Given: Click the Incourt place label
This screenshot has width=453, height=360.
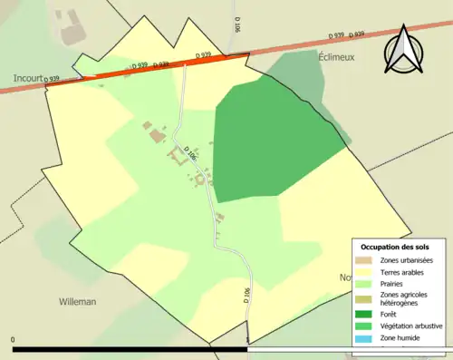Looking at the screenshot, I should [x=28, y=79].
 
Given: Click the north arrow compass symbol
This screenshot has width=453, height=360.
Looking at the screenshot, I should [x=404, y=49].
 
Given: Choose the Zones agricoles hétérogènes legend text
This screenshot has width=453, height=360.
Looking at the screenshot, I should [x=405, y=299].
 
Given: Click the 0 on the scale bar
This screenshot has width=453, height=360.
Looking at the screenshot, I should [x=14, y=340].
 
